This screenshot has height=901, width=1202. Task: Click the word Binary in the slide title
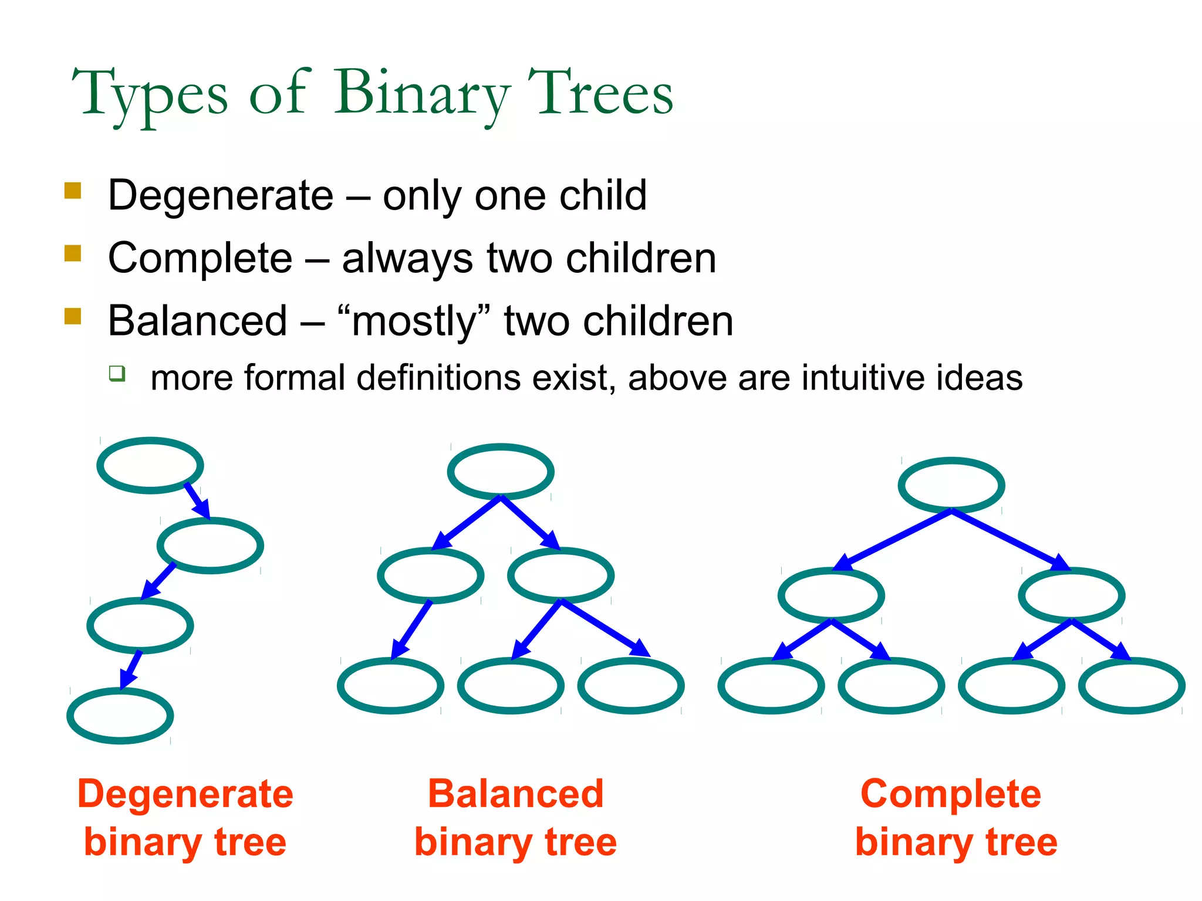coord(421,94)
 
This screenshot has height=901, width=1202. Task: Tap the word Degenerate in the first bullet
coord(221,195)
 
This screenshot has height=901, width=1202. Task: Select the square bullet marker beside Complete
coord(73,253)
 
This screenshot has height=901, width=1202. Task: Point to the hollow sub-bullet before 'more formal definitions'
coord(117,373)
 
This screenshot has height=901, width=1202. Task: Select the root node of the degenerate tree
coord(150,465)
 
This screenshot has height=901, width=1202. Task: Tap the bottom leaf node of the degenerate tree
coord(120,716)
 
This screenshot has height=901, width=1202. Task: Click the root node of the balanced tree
coord(501,472)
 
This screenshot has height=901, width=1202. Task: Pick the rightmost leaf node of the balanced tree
coord(631,685)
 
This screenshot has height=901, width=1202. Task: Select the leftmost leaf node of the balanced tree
coord(390,685)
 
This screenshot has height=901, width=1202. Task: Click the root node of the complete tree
coord(951,485)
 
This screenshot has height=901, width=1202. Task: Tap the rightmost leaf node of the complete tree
coord(1132,685)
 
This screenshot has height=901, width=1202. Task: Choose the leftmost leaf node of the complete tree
coord(771,685)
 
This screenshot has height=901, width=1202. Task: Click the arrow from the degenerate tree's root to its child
coord(197,501)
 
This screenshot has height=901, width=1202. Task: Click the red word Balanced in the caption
coord(515,794)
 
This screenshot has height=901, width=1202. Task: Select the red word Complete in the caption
coord(951,794)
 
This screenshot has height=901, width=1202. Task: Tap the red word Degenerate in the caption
coord(185,794)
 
